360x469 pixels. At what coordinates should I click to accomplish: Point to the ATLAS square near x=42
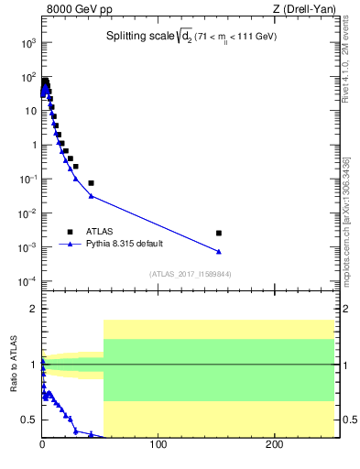coord(91,183)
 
